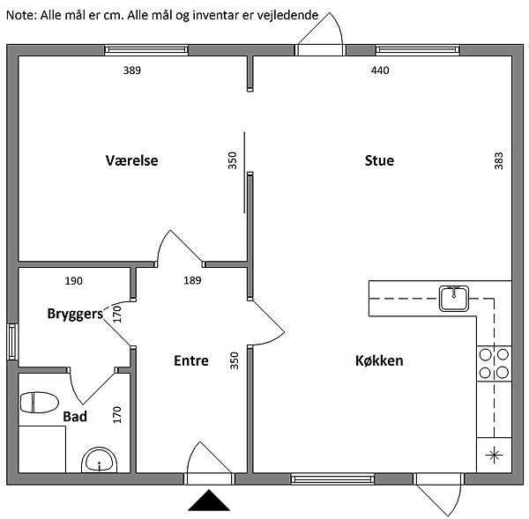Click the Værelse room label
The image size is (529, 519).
pyautogui.click(x=131, y=160)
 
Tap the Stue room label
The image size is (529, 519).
pyautogui.click(x=379, y=160)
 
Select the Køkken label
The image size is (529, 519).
pyautogui.click(x=379, y=360)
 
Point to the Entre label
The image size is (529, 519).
pyautogui.click(x=191, y=360)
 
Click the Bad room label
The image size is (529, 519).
pyautogui.click(x=75, y=417)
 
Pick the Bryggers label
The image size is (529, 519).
pyautogui.click(x=75, y=314)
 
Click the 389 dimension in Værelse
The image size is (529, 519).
pyautogui.click(x=132, y=70)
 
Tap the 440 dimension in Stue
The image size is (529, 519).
pyautogui.click(x=380, y=70)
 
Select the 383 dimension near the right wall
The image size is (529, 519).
pyautogui.click(x=499, y=160)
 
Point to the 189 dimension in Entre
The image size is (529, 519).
pyautogui.click(x=192, y=280)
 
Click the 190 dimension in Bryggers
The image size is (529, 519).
pyautogui.click(x=73, y=280)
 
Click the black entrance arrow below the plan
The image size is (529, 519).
pyautogui.click(x=209, y=500)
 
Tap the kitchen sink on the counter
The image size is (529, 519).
pyautogui.click(x=454, y=298)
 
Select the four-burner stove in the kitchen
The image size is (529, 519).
pyautogui.click(x=494, y=364)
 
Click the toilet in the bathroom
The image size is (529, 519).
pyautogui.click(x=39, y=403)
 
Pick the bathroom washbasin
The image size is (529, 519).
pyautogui.click(x=99, y=460)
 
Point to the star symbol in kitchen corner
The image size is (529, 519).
pyautogui.click(x=494, y=455)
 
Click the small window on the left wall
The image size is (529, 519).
pyautogui.click(x=12, y=342)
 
